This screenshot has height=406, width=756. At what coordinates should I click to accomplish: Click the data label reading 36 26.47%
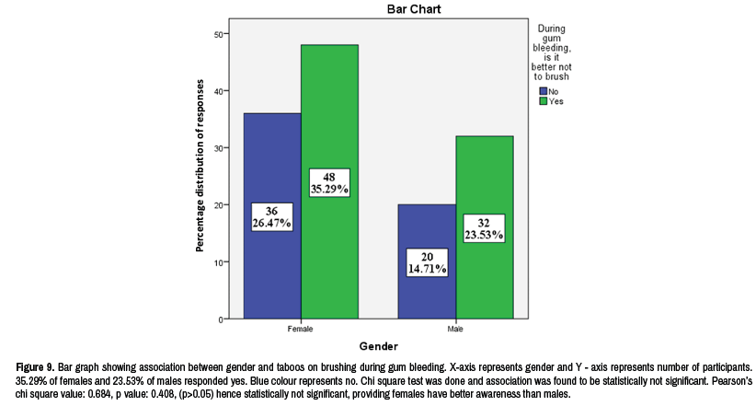tap(271, 216)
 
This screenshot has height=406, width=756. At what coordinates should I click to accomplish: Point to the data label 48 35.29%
tap(329, 183)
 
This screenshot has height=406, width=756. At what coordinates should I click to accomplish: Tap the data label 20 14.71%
tap(427, 262)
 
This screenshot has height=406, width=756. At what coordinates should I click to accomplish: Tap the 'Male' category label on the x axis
tap(455, 328)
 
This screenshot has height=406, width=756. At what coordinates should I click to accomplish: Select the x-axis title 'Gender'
tap(378, 347)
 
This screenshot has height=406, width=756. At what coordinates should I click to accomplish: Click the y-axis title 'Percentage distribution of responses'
tap(200, 177)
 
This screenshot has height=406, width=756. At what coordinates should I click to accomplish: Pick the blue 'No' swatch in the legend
tap(544, 92)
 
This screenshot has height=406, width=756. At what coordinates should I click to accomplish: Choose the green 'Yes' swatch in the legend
tap(544, 102)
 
